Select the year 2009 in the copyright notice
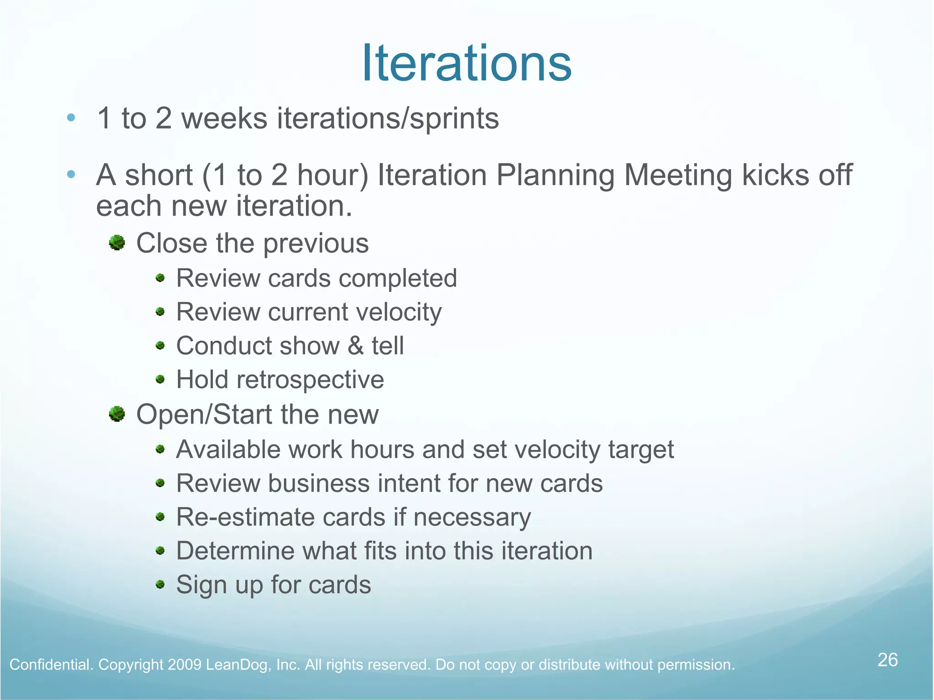pyautogui.click(x=184, y=665)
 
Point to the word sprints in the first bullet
pyautogui.click(x=454, y=119)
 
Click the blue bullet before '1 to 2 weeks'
pyautogui.click(x=71, y=118)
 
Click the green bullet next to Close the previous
pyautogui.click(x=117, y=243)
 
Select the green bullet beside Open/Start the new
pyautogui.click(x=117, y=414)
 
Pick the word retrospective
pyautogui.click(x=310, y=380)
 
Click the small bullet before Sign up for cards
pyautogui.click(x=160, y=584)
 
